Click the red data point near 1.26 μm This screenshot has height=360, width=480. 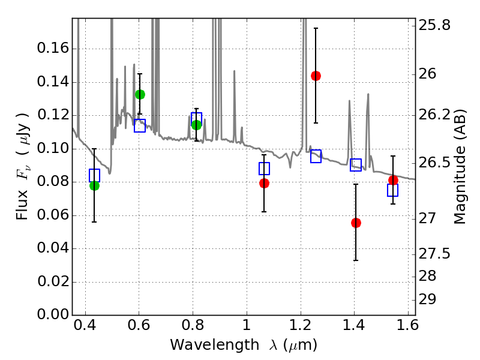316,76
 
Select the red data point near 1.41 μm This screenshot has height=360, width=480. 356,223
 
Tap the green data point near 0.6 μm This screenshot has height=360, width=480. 140,94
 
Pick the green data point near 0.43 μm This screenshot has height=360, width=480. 94,185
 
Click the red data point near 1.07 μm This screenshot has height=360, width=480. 264,183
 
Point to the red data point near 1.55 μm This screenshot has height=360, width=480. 393,180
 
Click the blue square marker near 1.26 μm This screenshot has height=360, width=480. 316,156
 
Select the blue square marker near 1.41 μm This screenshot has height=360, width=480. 356,165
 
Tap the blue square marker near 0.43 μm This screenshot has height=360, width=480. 94,175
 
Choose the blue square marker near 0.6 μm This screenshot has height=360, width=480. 140,125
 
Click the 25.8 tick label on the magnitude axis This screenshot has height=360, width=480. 437,26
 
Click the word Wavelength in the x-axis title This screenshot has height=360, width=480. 205,345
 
